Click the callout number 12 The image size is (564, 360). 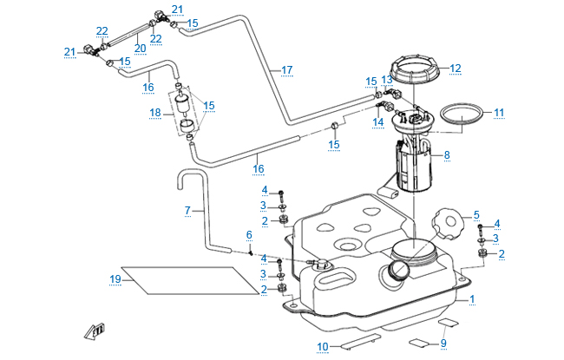tap(456, 68)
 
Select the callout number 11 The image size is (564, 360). tap(499, 113)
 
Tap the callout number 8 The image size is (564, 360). tap(447, 156)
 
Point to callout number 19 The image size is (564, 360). tap(115, 278)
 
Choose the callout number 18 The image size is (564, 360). tap(155, 113)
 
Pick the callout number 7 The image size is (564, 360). tap(187, 211)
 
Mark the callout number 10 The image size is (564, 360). tap(323, 347)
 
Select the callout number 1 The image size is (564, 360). tap(472, 299)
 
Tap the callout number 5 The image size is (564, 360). tap(475, 214)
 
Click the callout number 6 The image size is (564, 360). tap(248, 235)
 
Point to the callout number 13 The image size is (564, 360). tap(387, 79)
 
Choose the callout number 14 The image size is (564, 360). tap(378, 122)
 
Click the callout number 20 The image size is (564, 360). tap(140, 48)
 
